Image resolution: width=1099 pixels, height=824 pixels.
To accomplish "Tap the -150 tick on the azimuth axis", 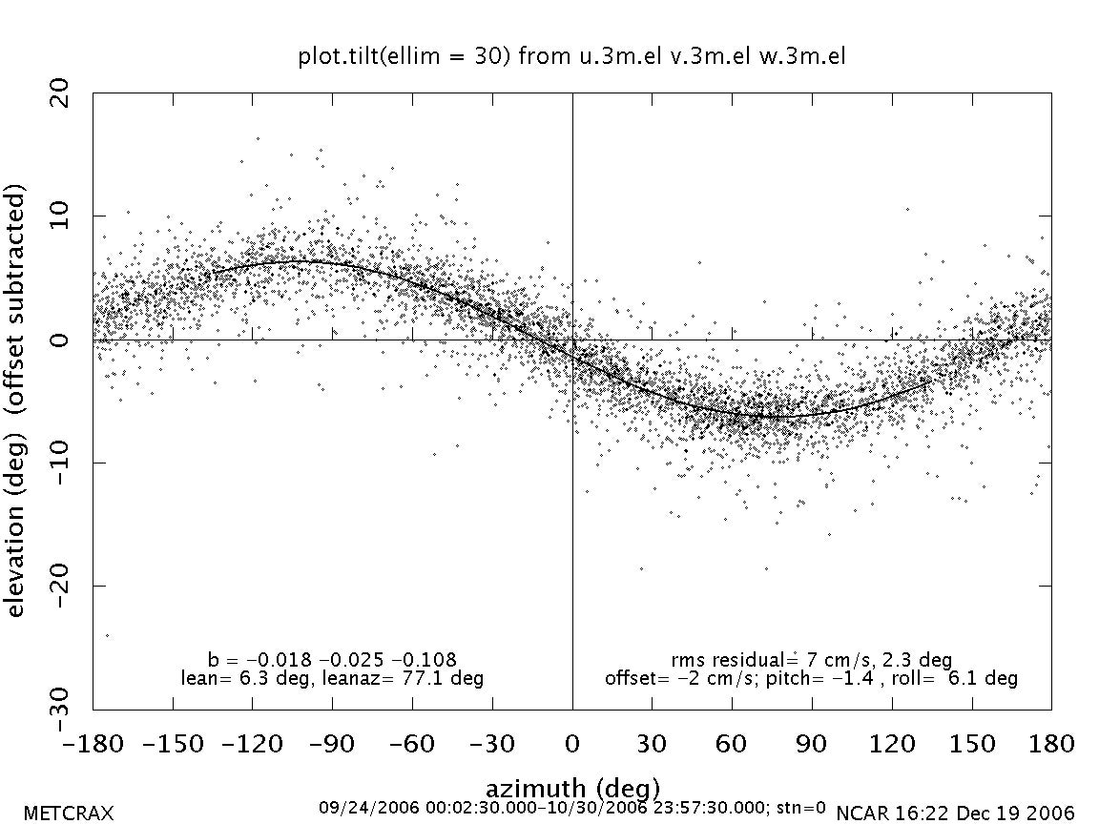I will point(173,743).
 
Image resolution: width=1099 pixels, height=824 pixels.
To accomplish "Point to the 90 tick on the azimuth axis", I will point(812,743).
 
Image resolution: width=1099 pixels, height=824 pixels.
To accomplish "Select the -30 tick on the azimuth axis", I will point(492,743).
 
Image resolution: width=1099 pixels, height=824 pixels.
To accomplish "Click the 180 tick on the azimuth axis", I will point(1050,743).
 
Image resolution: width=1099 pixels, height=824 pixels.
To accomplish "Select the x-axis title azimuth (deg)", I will point(572,789).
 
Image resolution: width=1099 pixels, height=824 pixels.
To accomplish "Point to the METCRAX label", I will point(68,814).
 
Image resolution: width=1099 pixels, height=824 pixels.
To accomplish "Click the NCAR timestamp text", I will point(955,814).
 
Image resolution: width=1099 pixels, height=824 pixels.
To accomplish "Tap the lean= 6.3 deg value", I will point(234,679).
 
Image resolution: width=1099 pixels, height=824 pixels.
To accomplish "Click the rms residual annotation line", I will point(811,660).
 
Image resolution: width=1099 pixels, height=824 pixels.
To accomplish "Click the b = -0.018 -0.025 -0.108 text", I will point(332,660).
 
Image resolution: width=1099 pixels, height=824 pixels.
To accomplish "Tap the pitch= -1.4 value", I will point(876,679).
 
